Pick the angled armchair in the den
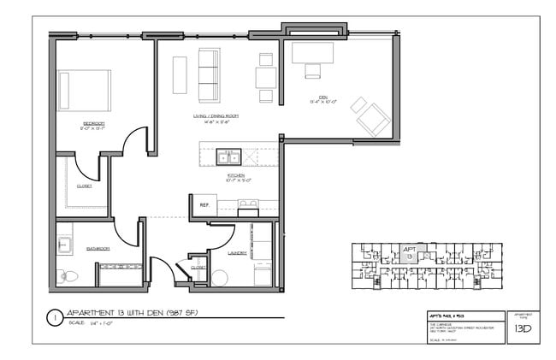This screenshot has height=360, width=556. coord(372,118)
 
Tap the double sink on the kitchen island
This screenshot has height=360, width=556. coord(228,156)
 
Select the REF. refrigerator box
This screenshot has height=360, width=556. coord(204,205)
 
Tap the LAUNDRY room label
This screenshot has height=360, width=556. coord(238,253)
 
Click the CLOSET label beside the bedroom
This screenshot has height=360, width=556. coord(84,186)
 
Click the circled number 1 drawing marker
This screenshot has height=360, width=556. coord(54,317)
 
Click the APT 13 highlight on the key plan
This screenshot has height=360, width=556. coord(409,251)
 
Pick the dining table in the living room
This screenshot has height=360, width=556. coord(265,78)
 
